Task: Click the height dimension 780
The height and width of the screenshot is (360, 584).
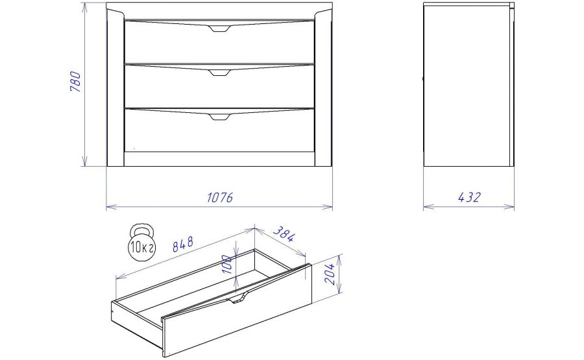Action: (x=75, y=82)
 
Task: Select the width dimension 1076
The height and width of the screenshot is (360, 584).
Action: (x=220, y=197)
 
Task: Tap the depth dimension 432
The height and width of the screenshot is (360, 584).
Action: (x=469, y=197)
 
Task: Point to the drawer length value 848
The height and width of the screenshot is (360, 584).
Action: (x=183, y=244)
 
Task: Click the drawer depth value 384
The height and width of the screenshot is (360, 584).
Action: (x=284, y=234)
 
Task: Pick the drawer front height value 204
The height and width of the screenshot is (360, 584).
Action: (x=330, y=273)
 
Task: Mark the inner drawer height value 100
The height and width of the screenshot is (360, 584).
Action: (x=227, y=263)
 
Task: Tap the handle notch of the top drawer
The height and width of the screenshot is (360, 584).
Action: (x=220, y=29)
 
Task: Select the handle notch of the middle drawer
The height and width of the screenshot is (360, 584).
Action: (x=220, y=73)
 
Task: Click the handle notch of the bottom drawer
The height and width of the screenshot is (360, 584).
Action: (x=220, y=117)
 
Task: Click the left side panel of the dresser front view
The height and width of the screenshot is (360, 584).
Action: (x=116, y=89)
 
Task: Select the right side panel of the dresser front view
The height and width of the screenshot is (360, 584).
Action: (x=323, y=89)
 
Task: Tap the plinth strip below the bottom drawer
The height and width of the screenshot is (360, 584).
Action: (x=219, y=158)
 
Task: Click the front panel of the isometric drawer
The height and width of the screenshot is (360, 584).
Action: (x=237, y=311)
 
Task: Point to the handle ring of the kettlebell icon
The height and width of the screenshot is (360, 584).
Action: (x=141, y=228)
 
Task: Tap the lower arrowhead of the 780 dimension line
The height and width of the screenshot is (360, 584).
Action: (x=84, y=162)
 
